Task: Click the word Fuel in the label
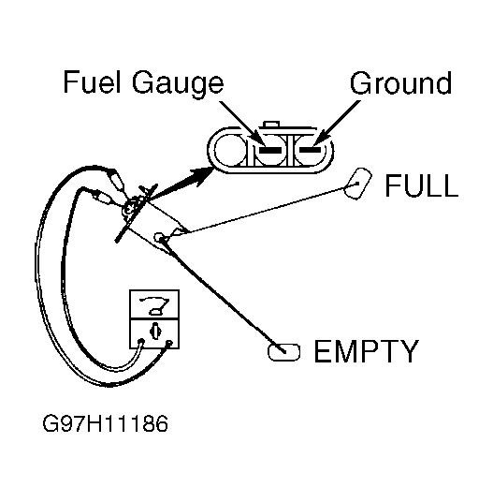point(92,82)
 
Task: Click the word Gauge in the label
point(178,84)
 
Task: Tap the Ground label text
point(400,82)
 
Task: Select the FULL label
point(421,185)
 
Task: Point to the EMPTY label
point(367,351)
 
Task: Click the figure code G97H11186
point(105,423)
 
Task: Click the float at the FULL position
point(357,184)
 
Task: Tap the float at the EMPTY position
point(283,352)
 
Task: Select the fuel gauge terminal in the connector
point(270,150)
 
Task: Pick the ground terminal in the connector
point(310,150)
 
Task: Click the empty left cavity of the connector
point(230,150)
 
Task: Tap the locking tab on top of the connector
point(270,125)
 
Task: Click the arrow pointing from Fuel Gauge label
point(242,124)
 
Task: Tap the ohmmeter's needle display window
point(154,304)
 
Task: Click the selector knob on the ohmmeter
point(155,331)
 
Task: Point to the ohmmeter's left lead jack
point(140,341)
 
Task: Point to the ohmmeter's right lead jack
point(169,343)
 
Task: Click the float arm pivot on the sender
point(159,237)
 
